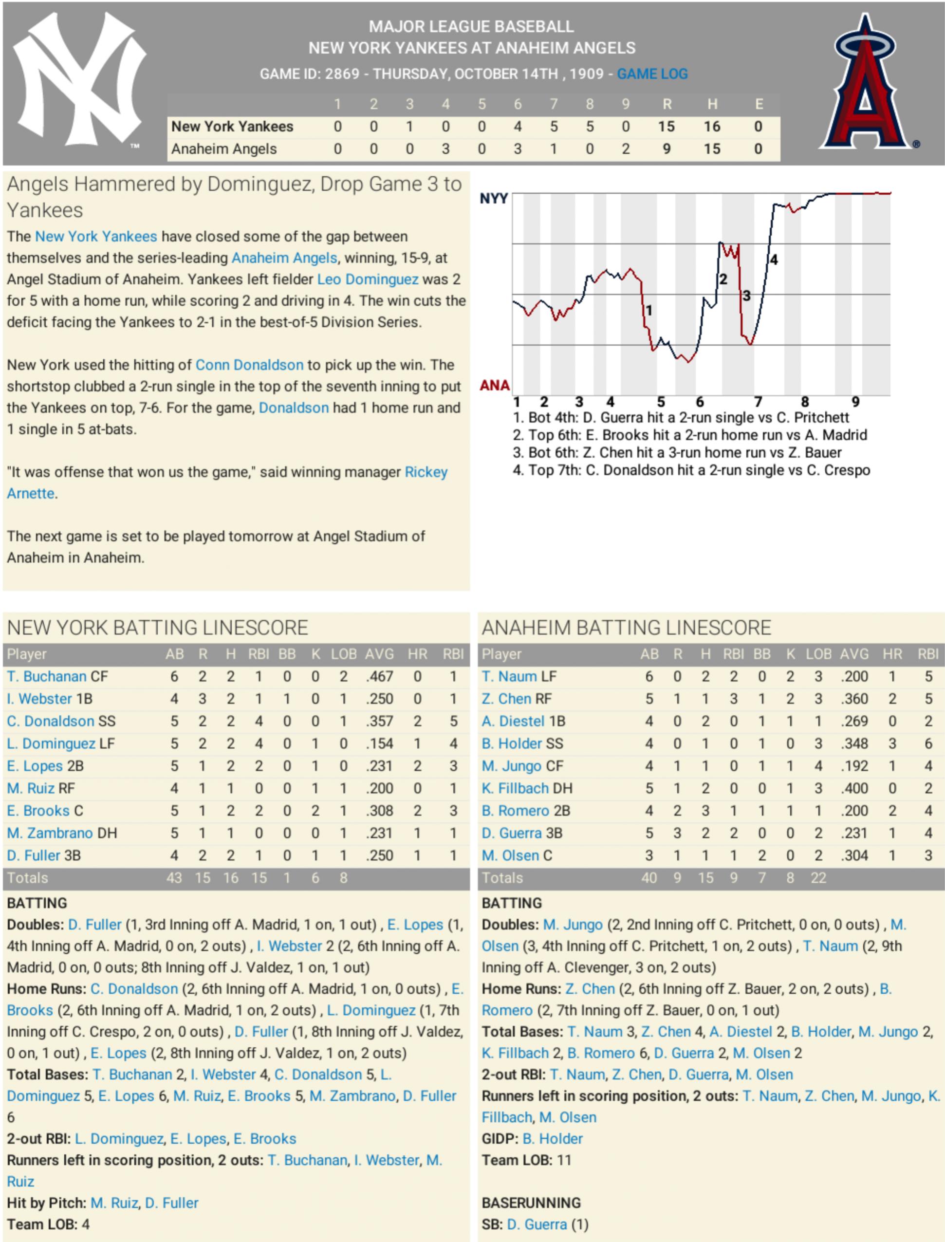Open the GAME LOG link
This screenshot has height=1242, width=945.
652,74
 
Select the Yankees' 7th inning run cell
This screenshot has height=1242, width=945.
554,127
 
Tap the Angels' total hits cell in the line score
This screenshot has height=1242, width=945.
712,149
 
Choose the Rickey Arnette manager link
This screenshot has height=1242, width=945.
426,472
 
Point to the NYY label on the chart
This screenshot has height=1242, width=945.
493,199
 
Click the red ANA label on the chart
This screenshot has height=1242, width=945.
495,385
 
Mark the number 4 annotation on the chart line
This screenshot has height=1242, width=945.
774,260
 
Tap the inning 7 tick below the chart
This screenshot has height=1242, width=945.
758,402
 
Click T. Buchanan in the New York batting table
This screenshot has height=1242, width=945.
47,676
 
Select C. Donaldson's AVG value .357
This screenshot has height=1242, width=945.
379,721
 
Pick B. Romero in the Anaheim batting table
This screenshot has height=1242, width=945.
515,811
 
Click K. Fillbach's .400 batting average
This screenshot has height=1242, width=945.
854,788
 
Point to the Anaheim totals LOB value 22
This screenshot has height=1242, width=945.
818,878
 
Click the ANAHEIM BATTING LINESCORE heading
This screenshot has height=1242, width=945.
626,628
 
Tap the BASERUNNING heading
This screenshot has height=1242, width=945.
531,1203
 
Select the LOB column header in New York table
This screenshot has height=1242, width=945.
343,654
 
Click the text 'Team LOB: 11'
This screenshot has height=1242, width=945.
526,1160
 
